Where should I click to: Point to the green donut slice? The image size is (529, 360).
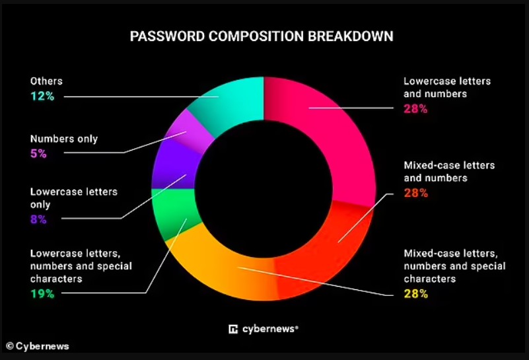176,213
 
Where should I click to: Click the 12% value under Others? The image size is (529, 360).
42,96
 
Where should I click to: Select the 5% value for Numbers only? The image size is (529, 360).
38,153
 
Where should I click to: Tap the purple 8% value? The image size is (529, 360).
38,219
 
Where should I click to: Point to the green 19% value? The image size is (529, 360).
42,293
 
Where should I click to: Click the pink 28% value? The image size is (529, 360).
415,109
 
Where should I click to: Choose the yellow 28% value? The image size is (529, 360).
416,294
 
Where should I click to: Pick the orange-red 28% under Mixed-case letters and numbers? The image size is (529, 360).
416,193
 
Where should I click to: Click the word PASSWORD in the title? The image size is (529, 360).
167,36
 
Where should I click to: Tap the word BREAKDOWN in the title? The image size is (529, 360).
351,36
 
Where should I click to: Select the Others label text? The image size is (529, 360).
46,81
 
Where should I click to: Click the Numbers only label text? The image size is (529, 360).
64,139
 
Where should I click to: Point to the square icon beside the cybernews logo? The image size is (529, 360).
233,329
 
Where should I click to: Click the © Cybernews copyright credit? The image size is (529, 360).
38,346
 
